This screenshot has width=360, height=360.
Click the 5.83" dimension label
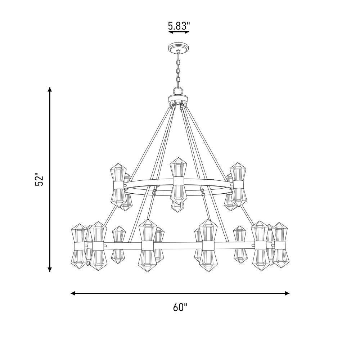point(179,26)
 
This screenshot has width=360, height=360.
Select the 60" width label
point(180,307)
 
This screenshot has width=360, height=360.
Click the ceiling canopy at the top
point(179,48)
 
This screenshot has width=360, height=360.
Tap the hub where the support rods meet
point(179,100)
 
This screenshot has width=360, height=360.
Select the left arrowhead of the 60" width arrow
point(73,293)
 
